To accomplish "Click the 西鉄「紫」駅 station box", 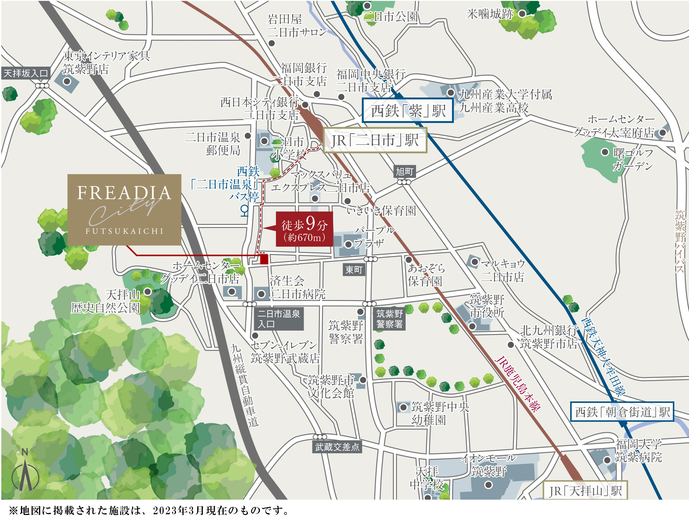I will (x=407, y=111).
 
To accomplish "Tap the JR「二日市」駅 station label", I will (x=375, y=140).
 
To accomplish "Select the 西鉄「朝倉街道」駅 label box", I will (x=622, y=412).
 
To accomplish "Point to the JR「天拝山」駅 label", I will (x=585, y=491).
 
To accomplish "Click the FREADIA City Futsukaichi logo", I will (x=124, y=209).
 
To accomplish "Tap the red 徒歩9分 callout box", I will (x=304, y=229).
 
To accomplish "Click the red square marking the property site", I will (x=264, y=259).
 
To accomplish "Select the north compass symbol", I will (x=25, y=472).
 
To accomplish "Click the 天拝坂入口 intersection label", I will (x=26, y=73).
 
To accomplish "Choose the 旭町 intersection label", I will (x=404, y=171).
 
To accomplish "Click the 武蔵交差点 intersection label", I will (x=337, y=447).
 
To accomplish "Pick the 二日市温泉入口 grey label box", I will (x=278, y=319).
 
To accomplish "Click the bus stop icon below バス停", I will (x=245, y=211).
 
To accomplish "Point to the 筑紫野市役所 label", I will (x=487, y=306).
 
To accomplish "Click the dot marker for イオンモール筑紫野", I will (x=488, y=485).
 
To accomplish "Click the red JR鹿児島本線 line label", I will (x=517, y=384).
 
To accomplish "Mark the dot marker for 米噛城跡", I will (x=522, y=14).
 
